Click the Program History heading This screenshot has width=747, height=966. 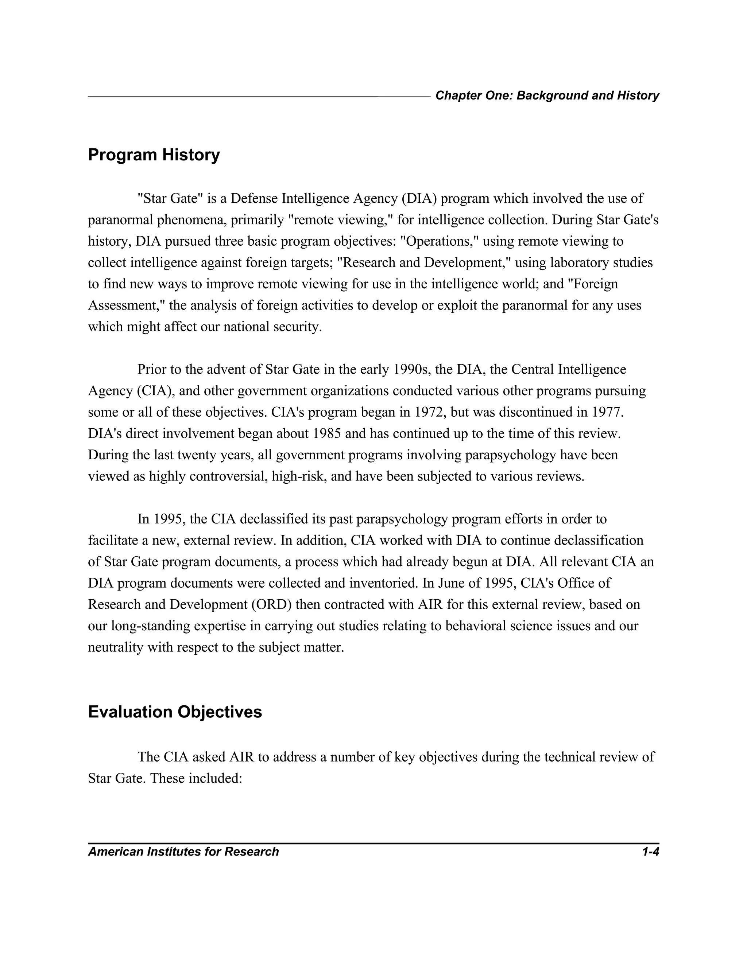point(154,155)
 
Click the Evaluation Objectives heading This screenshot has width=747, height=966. point(175,712)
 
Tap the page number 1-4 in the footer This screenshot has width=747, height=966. point(651,852)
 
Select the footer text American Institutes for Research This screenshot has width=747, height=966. point(183,852)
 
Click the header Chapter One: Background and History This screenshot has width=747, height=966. point(547,96)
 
